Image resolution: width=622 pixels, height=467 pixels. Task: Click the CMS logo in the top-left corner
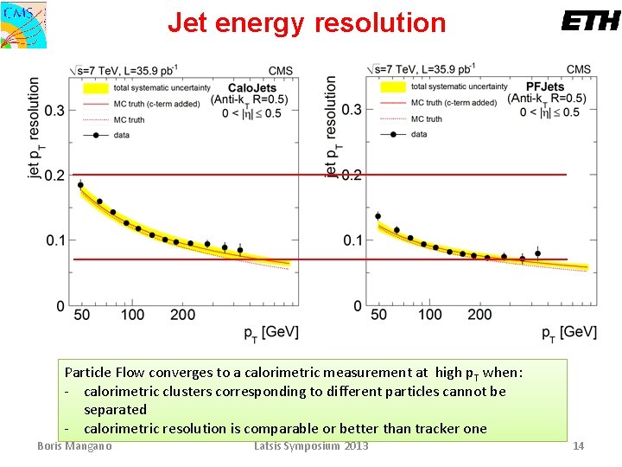click(x=23, y=23)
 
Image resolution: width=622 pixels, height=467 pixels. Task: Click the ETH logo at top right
click(x=590, y=22)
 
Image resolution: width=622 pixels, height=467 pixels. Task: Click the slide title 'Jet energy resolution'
click(x=307, y=22)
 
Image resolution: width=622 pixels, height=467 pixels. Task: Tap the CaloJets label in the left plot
click(x=252, y=87)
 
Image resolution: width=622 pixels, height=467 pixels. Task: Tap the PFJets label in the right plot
click(x=545, y=86)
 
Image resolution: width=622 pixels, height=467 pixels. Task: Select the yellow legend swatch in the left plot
click(x=95, y=87)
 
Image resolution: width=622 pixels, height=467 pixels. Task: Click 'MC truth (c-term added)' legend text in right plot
click(x=454, y=102)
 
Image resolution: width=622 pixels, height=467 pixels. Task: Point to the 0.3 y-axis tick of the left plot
click(x=54, y=110)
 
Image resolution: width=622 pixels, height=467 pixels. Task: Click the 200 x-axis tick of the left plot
click(x=182, y=315)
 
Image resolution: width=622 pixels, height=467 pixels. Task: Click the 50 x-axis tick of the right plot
click(x=378, y=315)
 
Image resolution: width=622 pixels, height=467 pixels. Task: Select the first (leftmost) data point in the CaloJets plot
click(x=80, y=184)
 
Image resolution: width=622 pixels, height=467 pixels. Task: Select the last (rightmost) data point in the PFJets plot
click(x=537, y=253)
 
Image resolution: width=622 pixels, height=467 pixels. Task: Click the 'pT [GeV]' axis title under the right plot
click(x=568, y=332)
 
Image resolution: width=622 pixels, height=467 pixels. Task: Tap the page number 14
click(x=579, y=445)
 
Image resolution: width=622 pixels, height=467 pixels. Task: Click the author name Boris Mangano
click(x=74, y=445)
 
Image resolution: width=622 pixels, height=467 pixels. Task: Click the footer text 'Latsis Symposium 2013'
click(x=311, y=445)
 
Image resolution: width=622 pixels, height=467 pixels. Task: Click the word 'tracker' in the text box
click(x=438, y=428)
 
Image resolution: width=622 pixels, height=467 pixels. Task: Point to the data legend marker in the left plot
click(x=95, y=134)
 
